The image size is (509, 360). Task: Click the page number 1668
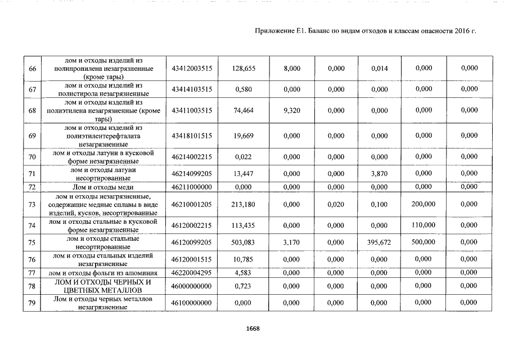point(253,329)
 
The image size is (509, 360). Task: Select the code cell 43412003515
point(191,68)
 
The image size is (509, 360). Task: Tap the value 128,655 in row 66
point(244,68)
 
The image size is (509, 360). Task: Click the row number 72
point(32,187)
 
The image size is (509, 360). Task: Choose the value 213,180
point(244,205)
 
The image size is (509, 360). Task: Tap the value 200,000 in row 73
point(423,205)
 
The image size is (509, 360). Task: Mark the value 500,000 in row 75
point(423,242)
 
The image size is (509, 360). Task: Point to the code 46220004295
point(191,273)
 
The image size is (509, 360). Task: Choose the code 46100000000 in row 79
point(191,303)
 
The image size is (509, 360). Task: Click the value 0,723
point(244,286)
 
